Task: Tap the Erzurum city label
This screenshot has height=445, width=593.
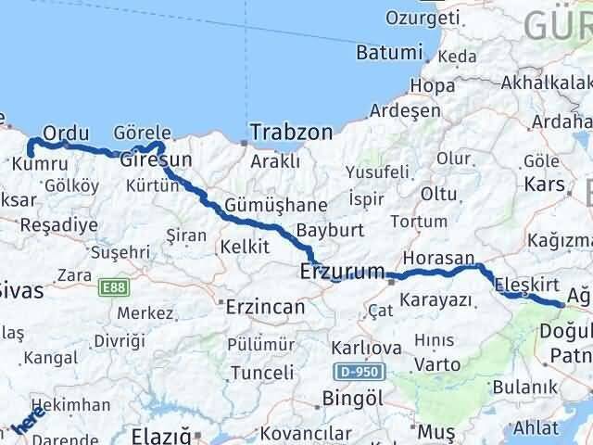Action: tap(342, 272)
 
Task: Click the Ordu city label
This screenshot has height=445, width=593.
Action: tap(66, 133)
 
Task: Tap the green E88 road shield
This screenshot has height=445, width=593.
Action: tap(113, 288)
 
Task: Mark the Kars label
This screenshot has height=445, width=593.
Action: tap(544, 184)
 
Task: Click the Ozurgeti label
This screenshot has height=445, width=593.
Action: tap(423, 18)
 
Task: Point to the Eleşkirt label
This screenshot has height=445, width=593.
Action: tap(525, 285)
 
